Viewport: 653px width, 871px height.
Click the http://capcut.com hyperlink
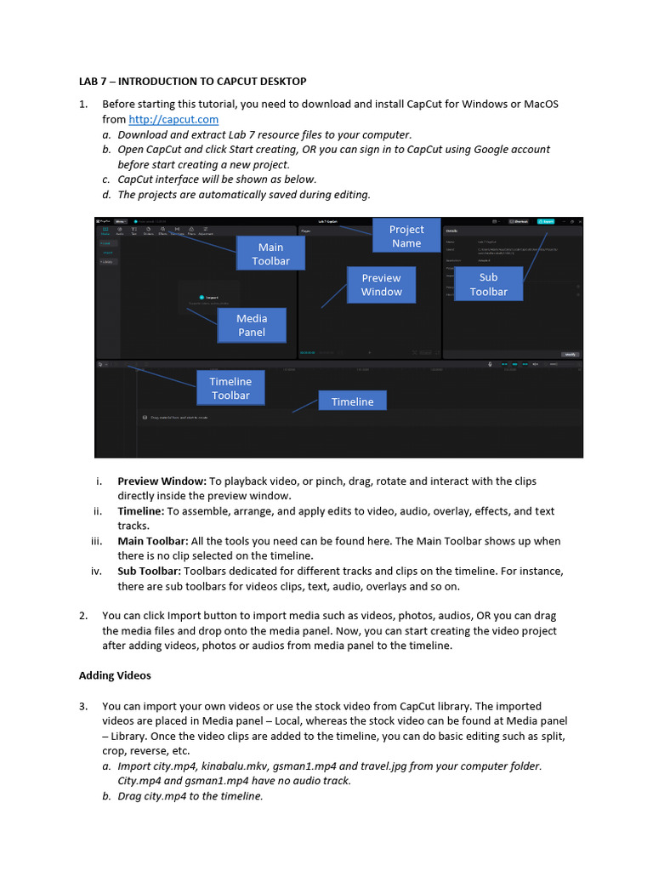(x=173, y=120)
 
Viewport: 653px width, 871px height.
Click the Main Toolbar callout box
(x=270, y=254)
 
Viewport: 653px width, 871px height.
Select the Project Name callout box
(x=406, y=236)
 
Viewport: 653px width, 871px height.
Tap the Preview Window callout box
(x=381, y=285)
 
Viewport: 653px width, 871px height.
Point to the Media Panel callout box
(x=251, y=326)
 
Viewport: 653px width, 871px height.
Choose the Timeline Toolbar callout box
(x=230, y=389)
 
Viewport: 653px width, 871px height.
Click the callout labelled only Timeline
(x=352, y=401)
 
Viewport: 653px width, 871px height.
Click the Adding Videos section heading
(x=115, y=675)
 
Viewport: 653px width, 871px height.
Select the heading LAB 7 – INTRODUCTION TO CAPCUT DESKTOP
(x=192, y=82)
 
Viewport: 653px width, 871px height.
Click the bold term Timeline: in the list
(x=140, y=511)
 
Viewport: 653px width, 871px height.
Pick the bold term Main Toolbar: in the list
(x=153, y=541)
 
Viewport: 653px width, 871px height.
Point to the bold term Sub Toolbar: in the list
(x=149, y=571)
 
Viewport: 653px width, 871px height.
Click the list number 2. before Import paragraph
(x=83, y=615)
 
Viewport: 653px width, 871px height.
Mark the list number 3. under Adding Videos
(x=83, y=706)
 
